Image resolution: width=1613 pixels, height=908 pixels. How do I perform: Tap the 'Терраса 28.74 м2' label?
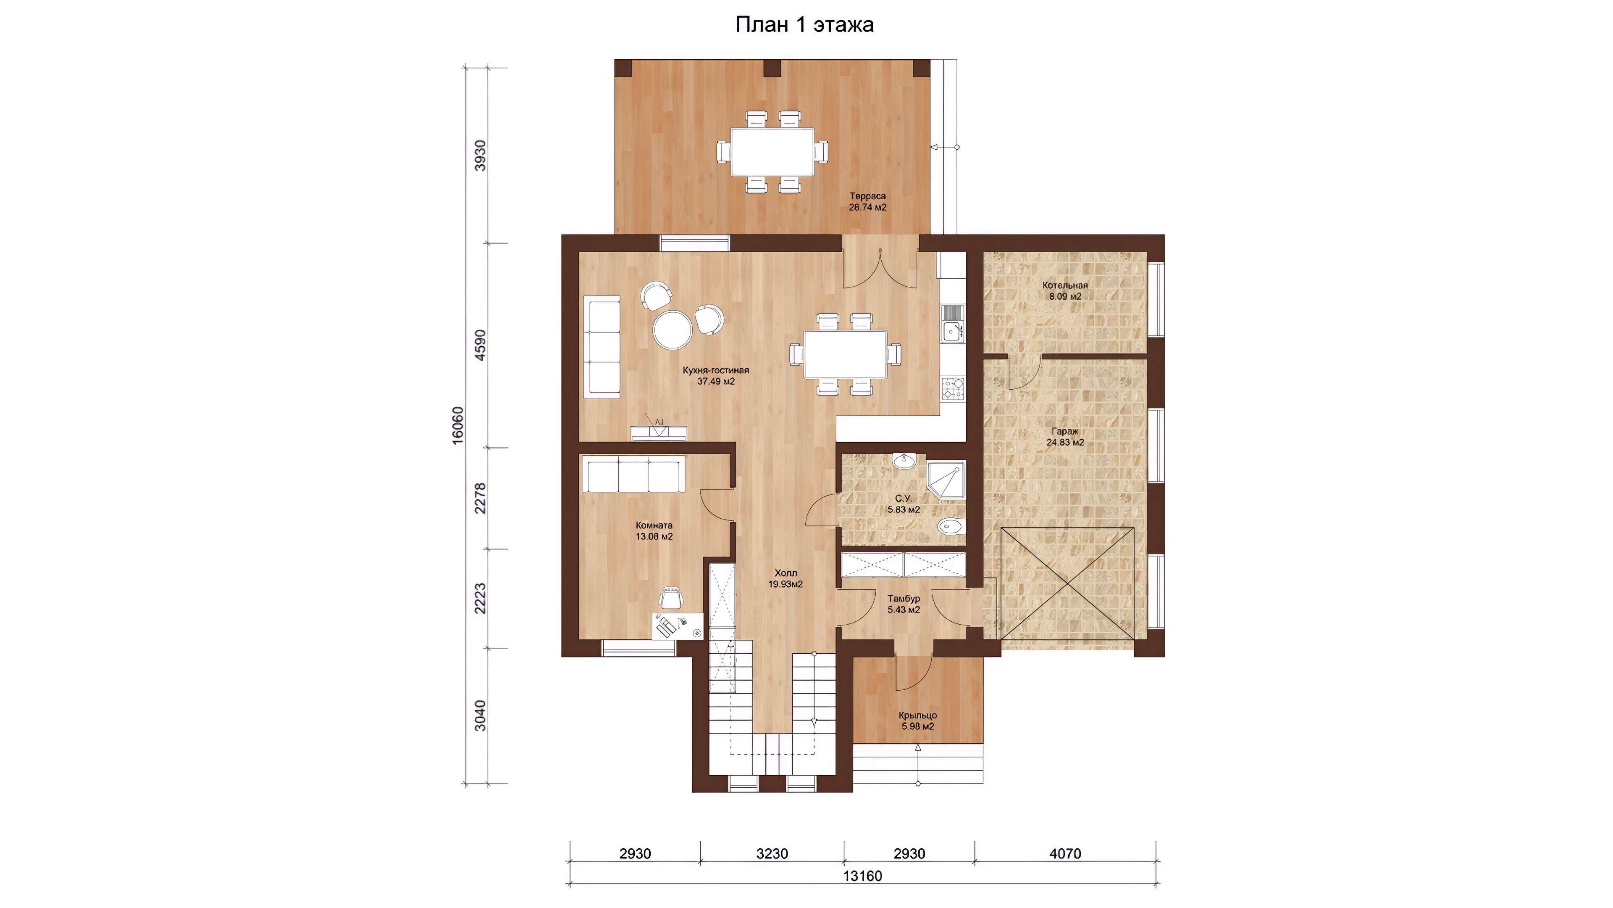(867, 202)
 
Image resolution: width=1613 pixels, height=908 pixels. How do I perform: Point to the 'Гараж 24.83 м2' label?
(1065, 437)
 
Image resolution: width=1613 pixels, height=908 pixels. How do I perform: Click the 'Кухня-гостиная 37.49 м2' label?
(716, 376)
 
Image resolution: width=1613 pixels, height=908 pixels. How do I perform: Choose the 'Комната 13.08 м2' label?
(654, 531)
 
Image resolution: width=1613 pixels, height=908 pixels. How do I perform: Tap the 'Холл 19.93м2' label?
(786, 578)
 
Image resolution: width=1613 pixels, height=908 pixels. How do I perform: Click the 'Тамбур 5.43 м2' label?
(904, 604)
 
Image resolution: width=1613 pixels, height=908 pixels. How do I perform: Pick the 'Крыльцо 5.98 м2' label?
(917, 721)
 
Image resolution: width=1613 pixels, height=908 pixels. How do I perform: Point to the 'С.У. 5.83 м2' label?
(903, 504)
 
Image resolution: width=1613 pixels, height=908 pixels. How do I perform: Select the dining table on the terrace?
(772, 152)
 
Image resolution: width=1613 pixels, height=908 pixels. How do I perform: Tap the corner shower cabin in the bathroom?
(946, 480)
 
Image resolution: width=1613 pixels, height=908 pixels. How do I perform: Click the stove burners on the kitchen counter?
(953, 388)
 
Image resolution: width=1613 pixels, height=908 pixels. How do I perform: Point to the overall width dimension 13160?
(862, 875)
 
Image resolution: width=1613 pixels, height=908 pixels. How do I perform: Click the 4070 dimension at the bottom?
(1065, 853)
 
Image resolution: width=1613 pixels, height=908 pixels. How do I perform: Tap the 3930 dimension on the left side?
(480, 156)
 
